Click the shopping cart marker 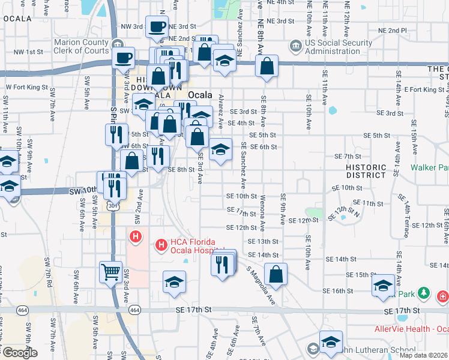[110, 273]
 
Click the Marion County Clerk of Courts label [82, 47]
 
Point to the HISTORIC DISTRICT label [366, 171]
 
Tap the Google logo [20, 353]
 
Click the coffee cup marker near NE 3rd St [157, 27]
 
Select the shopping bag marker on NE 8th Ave [267, 67]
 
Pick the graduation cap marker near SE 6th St [221, 149]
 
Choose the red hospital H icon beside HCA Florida [136, 238]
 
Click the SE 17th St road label [194, 309]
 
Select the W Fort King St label [26, 86]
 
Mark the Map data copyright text [424, 355]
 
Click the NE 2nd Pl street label [392, 31]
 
